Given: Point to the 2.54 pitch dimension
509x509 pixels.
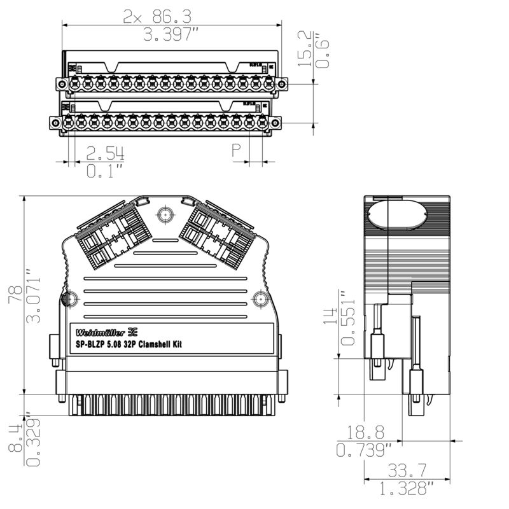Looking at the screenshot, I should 105,153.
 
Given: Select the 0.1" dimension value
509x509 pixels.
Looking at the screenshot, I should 104,171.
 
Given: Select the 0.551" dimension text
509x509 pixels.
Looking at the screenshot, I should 346,318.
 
